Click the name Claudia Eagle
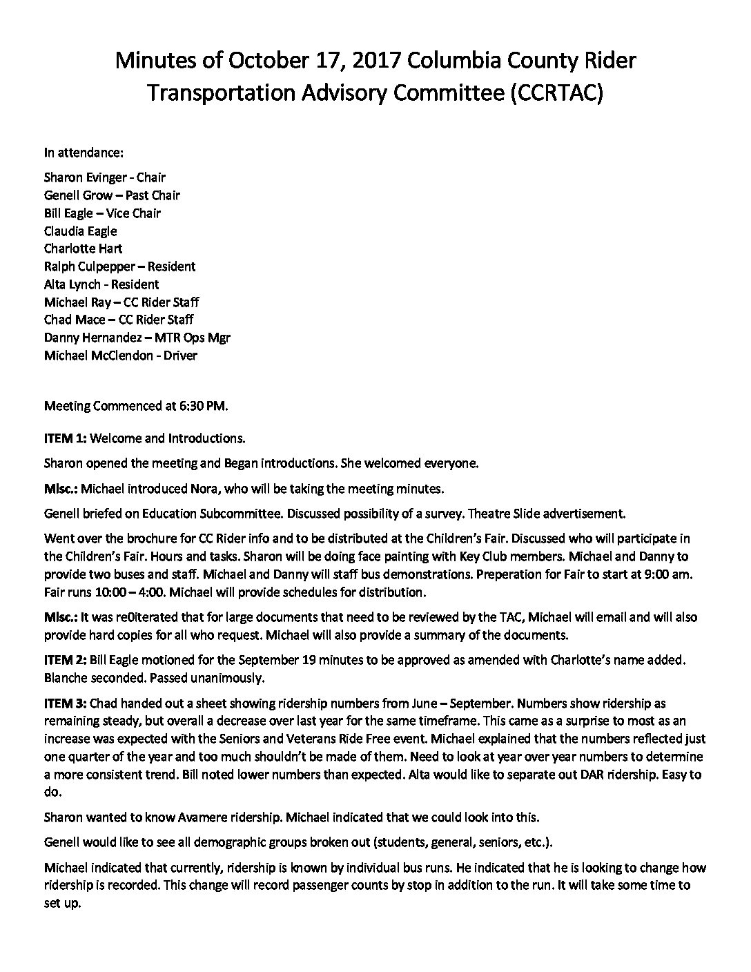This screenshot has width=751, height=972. click(81, 231)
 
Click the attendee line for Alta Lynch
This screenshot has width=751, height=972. click(101, 284)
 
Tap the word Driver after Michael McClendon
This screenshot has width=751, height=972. click(180, 356)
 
